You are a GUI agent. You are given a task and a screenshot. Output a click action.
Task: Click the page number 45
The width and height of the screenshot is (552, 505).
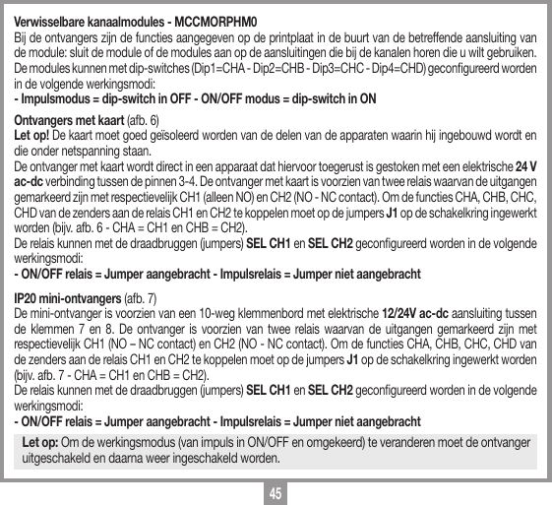click(276, 490)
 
